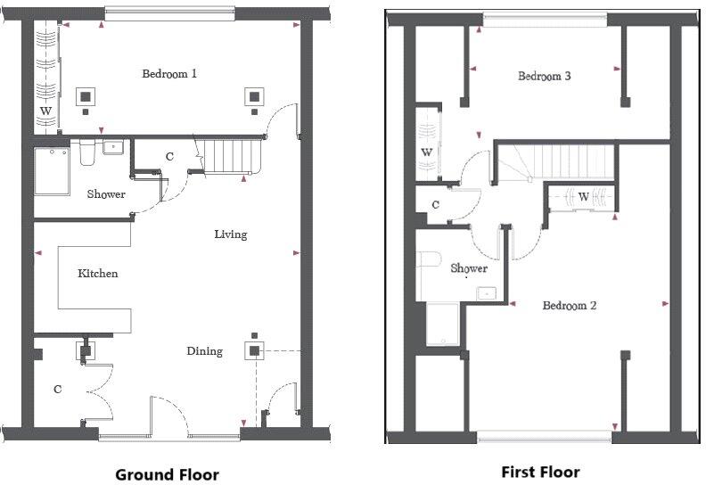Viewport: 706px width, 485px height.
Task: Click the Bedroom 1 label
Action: point(169,73)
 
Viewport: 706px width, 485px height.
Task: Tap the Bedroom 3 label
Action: point(545,76)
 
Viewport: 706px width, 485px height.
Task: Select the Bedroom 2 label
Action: point(570,306)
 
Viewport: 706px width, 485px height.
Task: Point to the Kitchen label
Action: point(97,274)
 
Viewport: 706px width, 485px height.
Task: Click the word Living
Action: point(230,234)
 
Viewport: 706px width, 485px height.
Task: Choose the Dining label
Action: point(204,350)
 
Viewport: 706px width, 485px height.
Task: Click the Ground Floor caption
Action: point(167,474)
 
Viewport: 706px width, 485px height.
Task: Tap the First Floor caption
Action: point(540,472)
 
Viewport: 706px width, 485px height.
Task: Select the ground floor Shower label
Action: point(106,193)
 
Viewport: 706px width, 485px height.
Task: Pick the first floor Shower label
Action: point(469,267)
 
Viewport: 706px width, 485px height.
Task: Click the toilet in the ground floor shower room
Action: point(86,153)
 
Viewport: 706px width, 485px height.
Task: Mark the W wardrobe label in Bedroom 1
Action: point(45,111)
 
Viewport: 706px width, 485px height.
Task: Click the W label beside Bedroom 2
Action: point(583,196)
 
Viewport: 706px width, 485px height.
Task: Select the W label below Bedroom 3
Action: point(427,152)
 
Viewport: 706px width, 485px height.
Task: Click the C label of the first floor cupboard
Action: point(435,204)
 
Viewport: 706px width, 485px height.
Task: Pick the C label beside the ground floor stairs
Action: point(169,157)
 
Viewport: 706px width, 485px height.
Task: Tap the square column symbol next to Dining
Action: point(254,351)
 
